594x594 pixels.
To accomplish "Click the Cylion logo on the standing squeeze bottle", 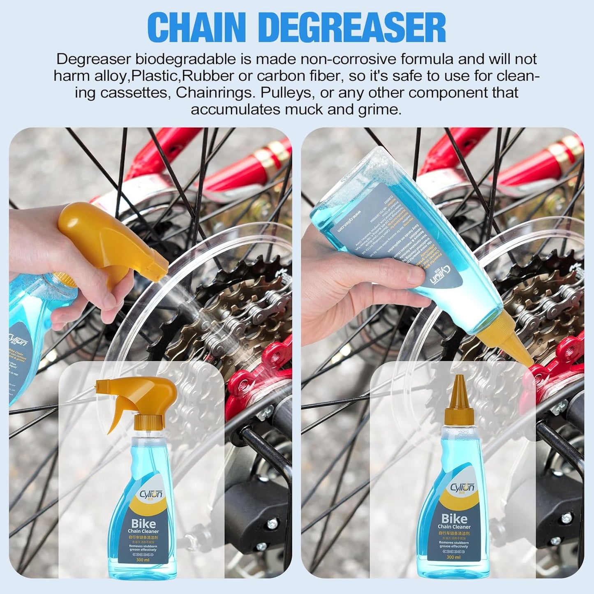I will coord(462,488).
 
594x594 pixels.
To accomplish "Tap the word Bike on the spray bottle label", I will coord(143,523).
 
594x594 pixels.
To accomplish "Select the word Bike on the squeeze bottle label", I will coord(454,518).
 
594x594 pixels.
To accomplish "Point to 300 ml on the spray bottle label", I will coord(143,560).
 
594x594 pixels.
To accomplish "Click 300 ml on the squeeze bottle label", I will coord(453,557).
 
